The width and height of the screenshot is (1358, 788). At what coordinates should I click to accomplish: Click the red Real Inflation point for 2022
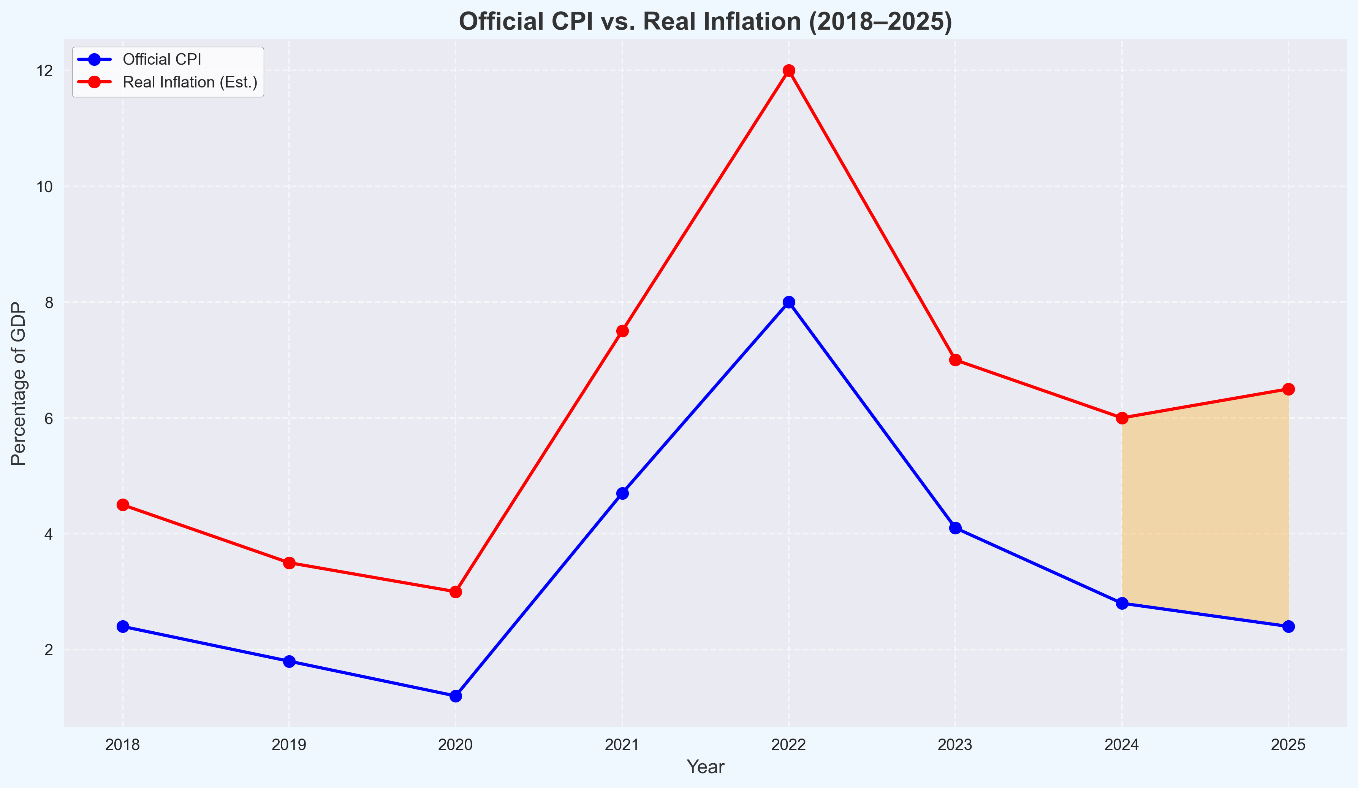[x=788, y=71]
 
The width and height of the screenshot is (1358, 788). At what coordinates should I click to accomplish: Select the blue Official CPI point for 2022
[x=788, y=302]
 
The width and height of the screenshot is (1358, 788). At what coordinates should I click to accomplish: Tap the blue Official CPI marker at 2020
[x=455, y=696]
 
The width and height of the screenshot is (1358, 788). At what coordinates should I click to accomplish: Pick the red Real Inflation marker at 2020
[x=455, y=592]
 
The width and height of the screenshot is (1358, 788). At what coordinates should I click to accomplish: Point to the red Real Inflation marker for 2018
[x=122, y=505]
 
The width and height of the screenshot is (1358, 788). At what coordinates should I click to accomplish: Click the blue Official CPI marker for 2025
[x=1288, y=626]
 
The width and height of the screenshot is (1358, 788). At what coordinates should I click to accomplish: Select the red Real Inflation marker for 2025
[x=1288, y=389]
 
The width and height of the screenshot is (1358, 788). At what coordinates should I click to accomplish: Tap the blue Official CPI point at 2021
[x=622, y=493]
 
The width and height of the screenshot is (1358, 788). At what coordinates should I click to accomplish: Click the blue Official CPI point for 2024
[x=1122, y=603]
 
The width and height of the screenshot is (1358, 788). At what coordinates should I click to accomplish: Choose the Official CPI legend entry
[x=161, y=59]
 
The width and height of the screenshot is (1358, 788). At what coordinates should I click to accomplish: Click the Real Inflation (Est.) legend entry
[x=190, y=83]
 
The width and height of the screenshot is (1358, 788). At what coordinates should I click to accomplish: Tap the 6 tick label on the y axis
[x=49, y=418]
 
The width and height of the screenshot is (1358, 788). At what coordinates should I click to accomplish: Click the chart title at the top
[x=705, y=22]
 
